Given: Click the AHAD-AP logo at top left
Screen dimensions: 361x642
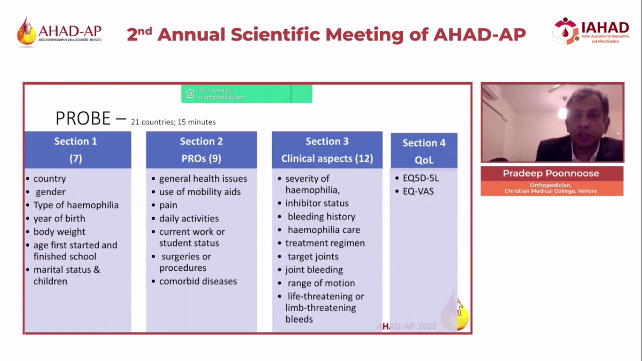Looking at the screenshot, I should pyautogui.click(x=59, y=32).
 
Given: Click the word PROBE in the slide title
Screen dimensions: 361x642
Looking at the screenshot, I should pyautogui.click(x=83, y=118).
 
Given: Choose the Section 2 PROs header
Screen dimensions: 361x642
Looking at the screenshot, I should pyautogui.click(x=201, y=149).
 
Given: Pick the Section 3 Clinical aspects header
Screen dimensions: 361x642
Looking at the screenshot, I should pyautogui.click(x=327, y=149).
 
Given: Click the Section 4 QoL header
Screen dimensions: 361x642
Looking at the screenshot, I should pyautogui.click(x=423, y=150).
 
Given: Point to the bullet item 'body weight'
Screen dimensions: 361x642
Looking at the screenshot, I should pyautogui.click(x=59, y=232).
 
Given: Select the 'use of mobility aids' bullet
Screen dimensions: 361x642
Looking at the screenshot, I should pyautogui.click(x=200, y=192).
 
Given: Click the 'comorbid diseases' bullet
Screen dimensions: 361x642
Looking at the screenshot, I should pyautogui.click(x=198, y=281).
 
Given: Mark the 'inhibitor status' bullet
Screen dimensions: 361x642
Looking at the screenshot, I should pyautogui.click(x=317, y=203).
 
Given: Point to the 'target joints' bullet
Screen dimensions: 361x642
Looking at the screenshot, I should pyautogui.click(x=313, y=257).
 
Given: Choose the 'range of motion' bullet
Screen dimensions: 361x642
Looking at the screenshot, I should pyautogui.click(x=321, y=283).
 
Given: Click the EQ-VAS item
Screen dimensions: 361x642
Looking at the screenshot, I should pyautogui.click(x=418, y=191).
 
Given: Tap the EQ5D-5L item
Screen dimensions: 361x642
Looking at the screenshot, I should pyautogui.click(x=421, y=179).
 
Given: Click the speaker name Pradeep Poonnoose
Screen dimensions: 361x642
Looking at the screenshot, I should pyautogui.click(x=551, y=173).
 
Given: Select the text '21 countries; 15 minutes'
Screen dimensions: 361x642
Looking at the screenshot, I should pyautogui.click(x=173, y=122).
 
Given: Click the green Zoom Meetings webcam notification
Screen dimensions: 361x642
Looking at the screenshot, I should pyautogui.click(x=236, y=94).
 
